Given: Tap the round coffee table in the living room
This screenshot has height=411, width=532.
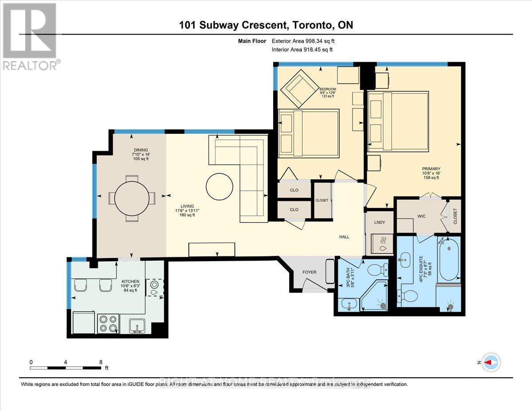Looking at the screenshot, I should click(x=219, y=186).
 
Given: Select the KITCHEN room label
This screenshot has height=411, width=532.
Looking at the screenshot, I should click(x=131, y=281).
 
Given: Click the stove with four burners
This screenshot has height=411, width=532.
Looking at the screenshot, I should click(x=107, y=323).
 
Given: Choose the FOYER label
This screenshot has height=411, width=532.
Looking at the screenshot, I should click(x=309, y=271).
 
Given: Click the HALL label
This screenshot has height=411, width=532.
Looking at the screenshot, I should click(x=344, y=237).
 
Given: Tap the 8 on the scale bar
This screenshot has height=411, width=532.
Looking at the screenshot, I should click(x=102, y=362).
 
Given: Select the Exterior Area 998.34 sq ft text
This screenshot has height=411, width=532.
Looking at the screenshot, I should click(x=306, y=41).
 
